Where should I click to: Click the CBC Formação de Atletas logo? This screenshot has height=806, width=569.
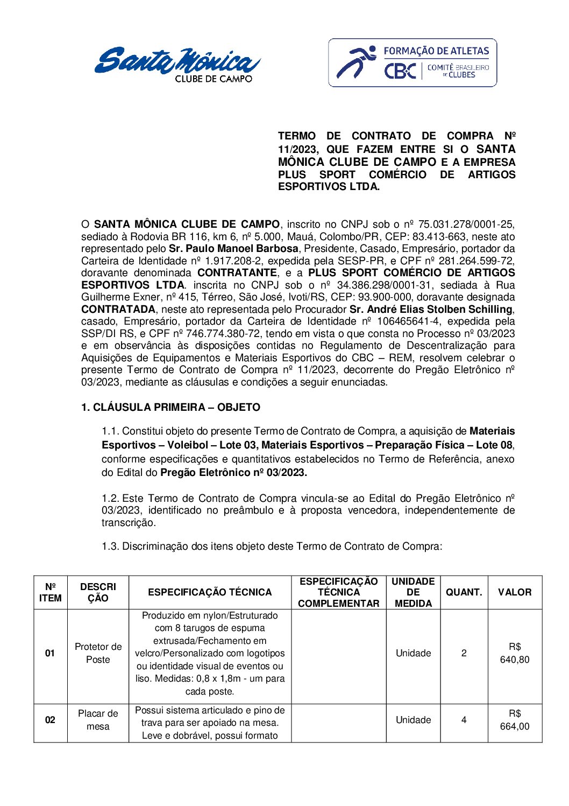tap(412, 62)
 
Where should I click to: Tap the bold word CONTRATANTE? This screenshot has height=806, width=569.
tap(237, 273)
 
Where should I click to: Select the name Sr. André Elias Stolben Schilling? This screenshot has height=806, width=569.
tap(431, 309)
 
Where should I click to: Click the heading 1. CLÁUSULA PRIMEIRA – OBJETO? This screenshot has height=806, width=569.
tap(170, 407)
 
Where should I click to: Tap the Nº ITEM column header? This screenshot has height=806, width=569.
tap(50, 592)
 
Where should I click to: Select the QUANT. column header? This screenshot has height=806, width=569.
tap(464, 592)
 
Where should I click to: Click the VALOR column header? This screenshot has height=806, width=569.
tap(515, 592)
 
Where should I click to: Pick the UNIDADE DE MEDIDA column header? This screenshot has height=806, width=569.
tap(413, 592)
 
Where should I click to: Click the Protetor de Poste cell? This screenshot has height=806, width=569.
tap(98, 653)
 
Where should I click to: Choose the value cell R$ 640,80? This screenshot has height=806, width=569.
tap(515, 653)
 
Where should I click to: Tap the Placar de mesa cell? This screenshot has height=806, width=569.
tap(98, 720)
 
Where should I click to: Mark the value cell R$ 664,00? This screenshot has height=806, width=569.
tap(515, 720)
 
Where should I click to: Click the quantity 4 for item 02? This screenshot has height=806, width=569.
tap(464, 720)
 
